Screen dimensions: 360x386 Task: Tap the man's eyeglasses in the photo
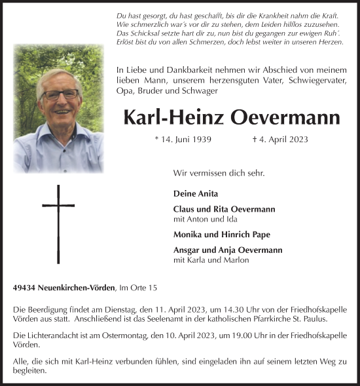(x=59, y=94)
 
